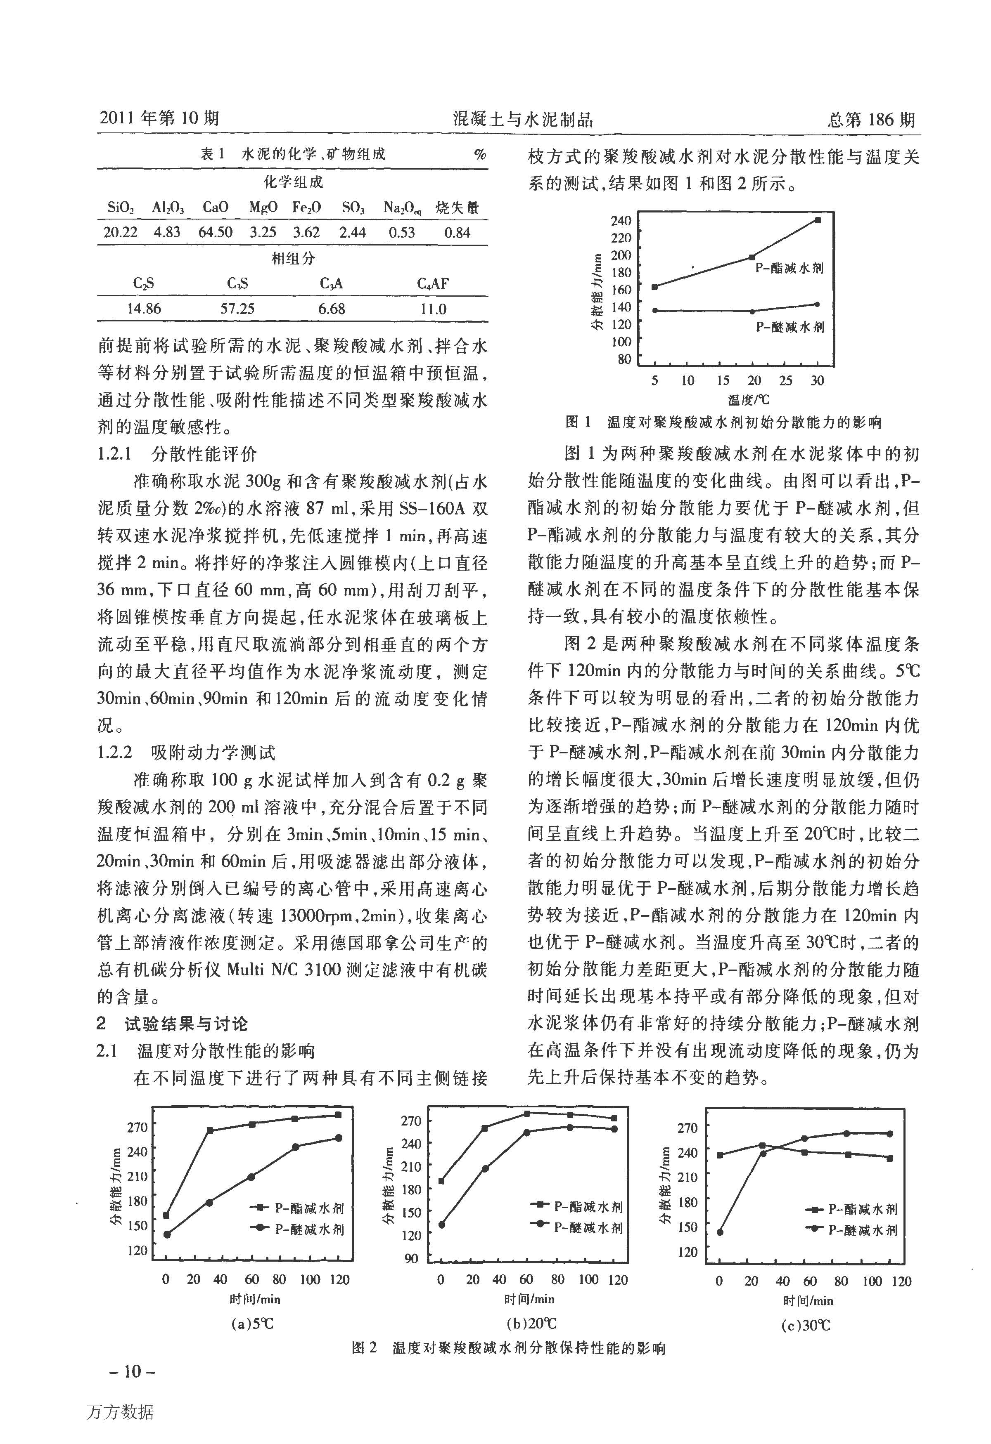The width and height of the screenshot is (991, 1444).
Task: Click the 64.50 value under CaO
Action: coord(215,232)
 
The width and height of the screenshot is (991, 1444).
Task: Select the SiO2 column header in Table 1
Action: coord(120,208)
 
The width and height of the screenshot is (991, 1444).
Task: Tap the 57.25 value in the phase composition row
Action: coord(237,309)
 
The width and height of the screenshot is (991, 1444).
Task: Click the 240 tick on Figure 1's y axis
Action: coord(621,220)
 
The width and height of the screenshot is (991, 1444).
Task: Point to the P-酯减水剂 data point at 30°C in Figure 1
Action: coord(818,220)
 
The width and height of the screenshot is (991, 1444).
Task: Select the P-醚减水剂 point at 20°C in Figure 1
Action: coord(752,312)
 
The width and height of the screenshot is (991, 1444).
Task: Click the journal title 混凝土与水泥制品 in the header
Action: coord(524,119)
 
